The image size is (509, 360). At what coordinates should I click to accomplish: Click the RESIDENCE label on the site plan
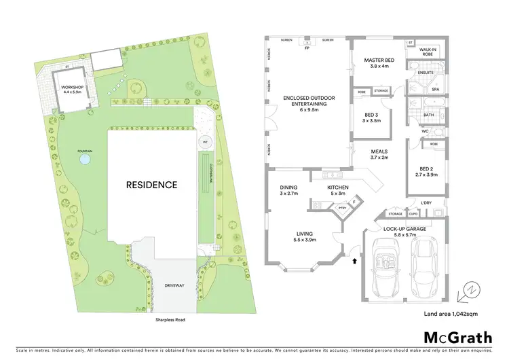pos(150,184)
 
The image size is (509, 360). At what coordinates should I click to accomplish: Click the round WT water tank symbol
pos(206,142)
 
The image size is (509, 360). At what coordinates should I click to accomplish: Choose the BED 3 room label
pos(371,115)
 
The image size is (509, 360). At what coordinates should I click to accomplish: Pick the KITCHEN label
pos(337,190)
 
